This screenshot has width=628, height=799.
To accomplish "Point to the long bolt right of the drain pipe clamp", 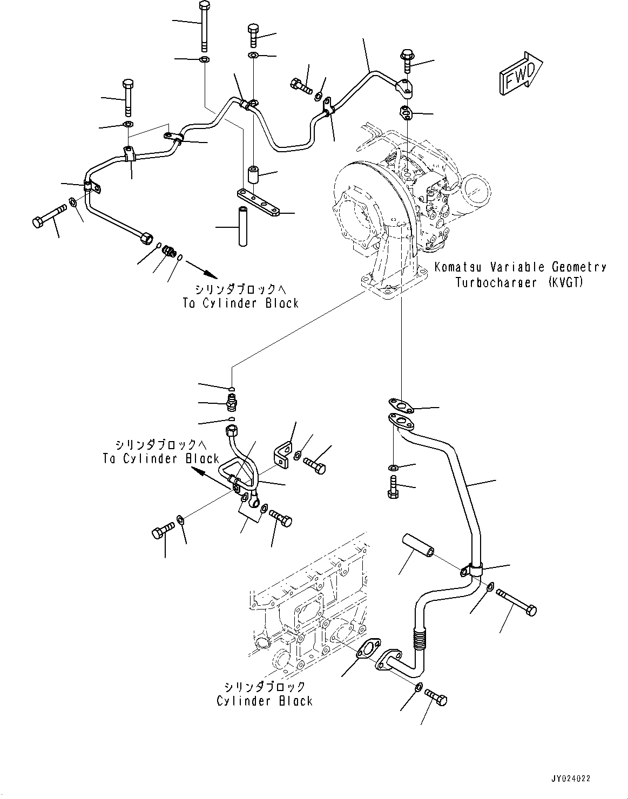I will point(516,602).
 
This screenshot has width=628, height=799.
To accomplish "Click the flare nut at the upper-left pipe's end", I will point(145,237).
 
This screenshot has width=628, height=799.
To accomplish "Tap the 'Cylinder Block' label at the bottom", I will point(265,701).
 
